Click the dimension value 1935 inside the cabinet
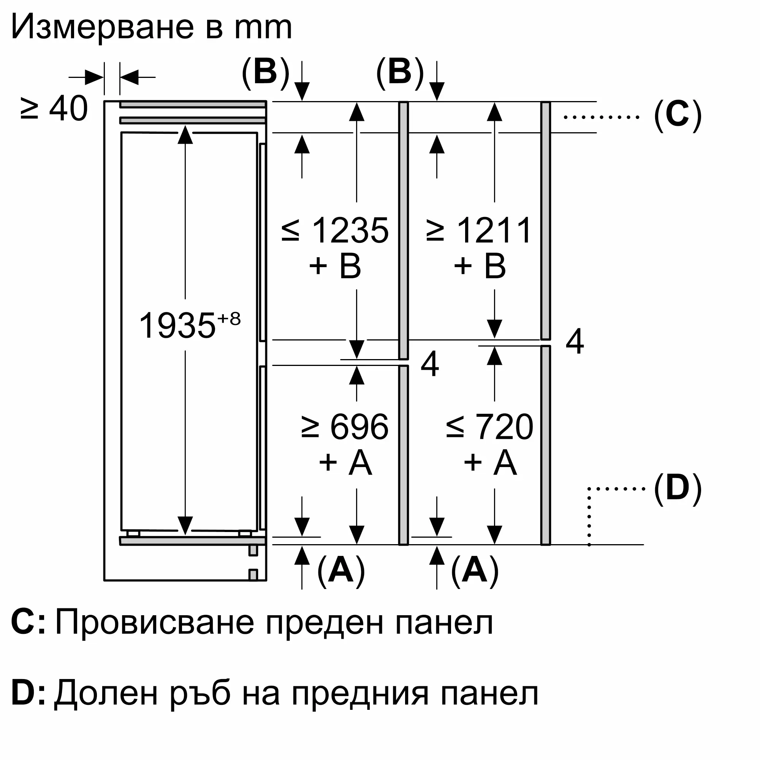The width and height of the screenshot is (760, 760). pos(177,325)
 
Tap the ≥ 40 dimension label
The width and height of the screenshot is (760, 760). pos(54,109)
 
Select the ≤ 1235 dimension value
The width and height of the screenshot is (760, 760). pos(335,230)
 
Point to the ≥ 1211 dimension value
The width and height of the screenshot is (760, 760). pos(480,230)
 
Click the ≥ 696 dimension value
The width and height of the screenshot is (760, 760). pos(345,427)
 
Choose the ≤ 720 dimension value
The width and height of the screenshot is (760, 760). pos(489,427)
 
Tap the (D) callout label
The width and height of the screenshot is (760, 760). pos(678,489)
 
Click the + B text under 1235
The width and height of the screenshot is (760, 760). pos(335,266)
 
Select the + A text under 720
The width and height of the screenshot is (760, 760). pos(490,462)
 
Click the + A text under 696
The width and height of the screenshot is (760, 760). pos(345,462)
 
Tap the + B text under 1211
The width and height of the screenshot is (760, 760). pos(480,266)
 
